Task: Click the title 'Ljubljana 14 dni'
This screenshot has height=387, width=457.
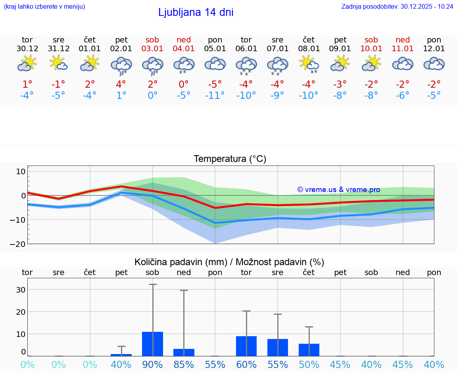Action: point(196,12)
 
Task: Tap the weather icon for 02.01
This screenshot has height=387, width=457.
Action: point(121,65)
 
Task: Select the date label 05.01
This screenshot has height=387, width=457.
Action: point(215,49)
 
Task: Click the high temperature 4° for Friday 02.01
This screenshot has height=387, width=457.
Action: point(121,85)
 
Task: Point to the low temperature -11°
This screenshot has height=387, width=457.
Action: point(215,96)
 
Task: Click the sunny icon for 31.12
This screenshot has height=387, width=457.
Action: point(58,63)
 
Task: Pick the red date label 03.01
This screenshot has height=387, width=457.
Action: point(152,49)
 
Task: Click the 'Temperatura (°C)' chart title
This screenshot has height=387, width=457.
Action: point(230,159)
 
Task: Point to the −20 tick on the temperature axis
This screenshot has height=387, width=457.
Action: point(17,244)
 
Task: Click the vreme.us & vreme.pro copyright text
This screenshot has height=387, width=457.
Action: point(338,190)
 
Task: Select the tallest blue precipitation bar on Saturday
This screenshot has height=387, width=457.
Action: point(152,344)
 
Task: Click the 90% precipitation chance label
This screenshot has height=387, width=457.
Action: point(152,364)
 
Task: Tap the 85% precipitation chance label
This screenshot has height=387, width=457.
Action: point(184,364)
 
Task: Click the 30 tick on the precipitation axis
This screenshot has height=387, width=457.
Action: point(21,289)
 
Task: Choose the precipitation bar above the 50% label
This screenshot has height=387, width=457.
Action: point(309,350)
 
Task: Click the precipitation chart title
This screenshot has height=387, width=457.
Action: point(229,262)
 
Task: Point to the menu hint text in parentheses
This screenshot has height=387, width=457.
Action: point(44,6)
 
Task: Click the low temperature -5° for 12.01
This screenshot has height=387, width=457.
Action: point(434,96)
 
